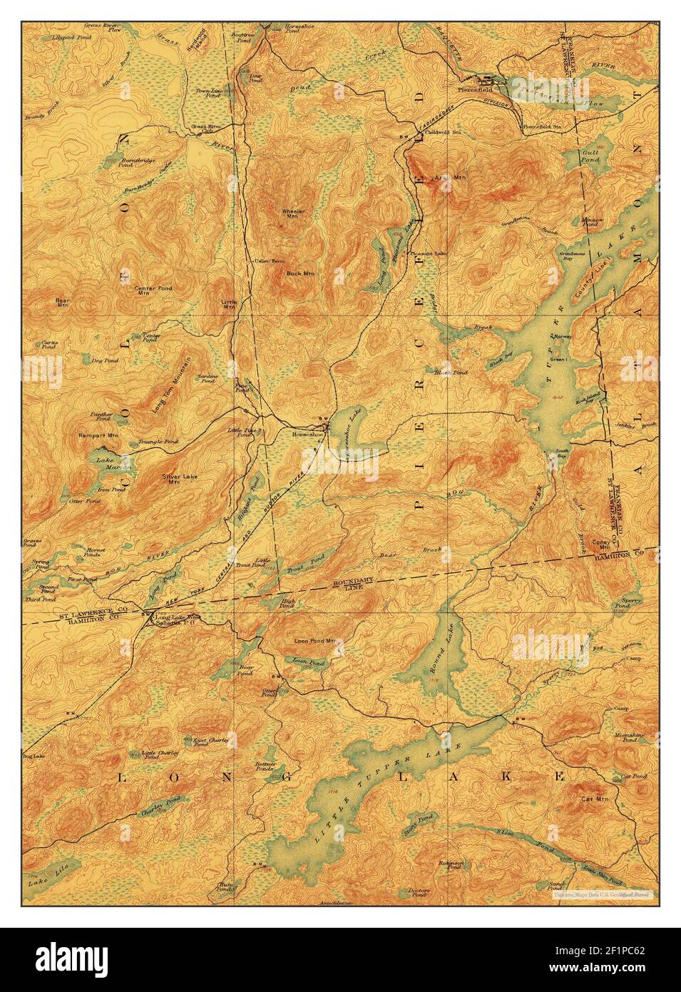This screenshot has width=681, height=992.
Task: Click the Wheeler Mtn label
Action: point(293,215)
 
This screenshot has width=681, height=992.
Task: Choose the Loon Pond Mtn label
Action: point(318,641)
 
